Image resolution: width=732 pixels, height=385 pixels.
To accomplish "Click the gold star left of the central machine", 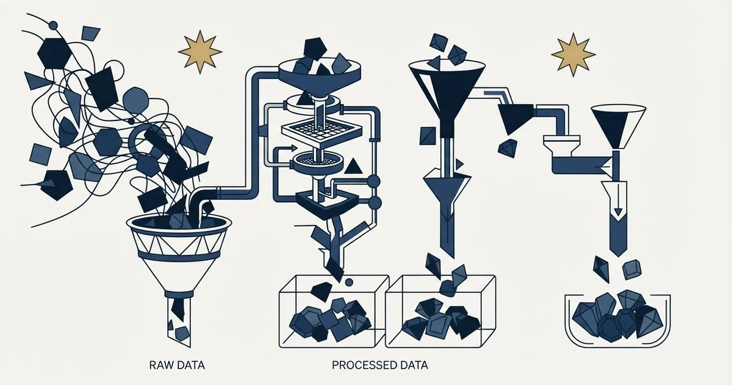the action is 200,52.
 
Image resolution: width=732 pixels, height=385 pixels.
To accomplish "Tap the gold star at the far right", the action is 573,54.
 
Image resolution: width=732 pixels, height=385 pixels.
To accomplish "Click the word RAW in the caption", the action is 160,365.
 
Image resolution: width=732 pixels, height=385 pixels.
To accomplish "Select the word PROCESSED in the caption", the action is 361,365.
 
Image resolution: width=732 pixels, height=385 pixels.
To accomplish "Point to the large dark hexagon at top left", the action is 54,53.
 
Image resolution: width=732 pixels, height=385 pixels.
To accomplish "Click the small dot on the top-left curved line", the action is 53,25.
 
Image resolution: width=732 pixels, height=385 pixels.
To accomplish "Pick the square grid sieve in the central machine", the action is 322,131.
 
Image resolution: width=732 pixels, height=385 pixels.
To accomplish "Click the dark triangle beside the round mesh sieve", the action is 353,166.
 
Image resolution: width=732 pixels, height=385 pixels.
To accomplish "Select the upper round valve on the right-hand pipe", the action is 374,181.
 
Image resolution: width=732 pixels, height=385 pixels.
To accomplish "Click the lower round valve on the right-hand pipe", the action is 375,203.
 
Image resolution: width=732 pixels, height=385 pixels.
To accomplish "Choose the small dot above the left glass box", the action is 349,282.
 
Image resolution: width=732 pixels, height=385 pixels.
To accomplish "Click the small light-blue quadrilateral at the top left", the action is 90,34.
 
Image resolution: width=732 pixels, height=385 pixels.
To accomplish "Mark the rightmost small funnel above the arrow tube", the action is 619,126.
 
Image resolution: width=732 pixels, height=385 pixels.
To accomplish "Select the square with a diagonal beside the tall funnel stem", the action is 428,136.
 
